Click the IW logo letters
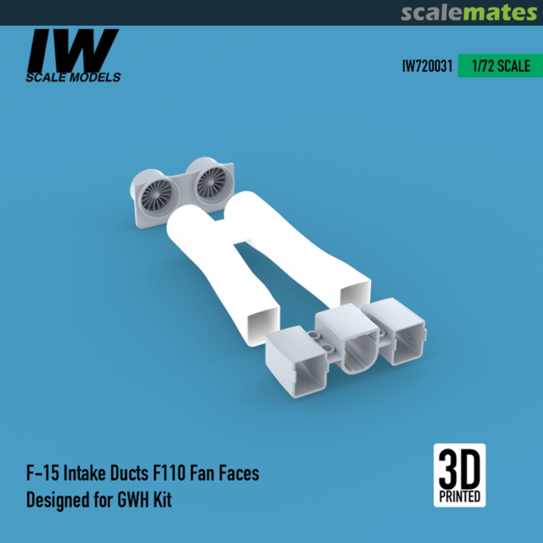click(x=73, y=50)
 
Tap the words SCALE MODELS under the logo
click(x=73, y=77)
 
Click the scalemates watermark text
click(x=469, y=13)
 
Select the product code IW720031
click(x=427, y=66)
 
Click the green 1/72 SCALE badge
click(x=500, y=66)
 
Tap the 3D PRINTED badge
click(x=459, y=475)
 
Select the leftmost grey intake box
click(x=296, y=365)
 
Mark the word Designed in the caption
click(x=57, y=500)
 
